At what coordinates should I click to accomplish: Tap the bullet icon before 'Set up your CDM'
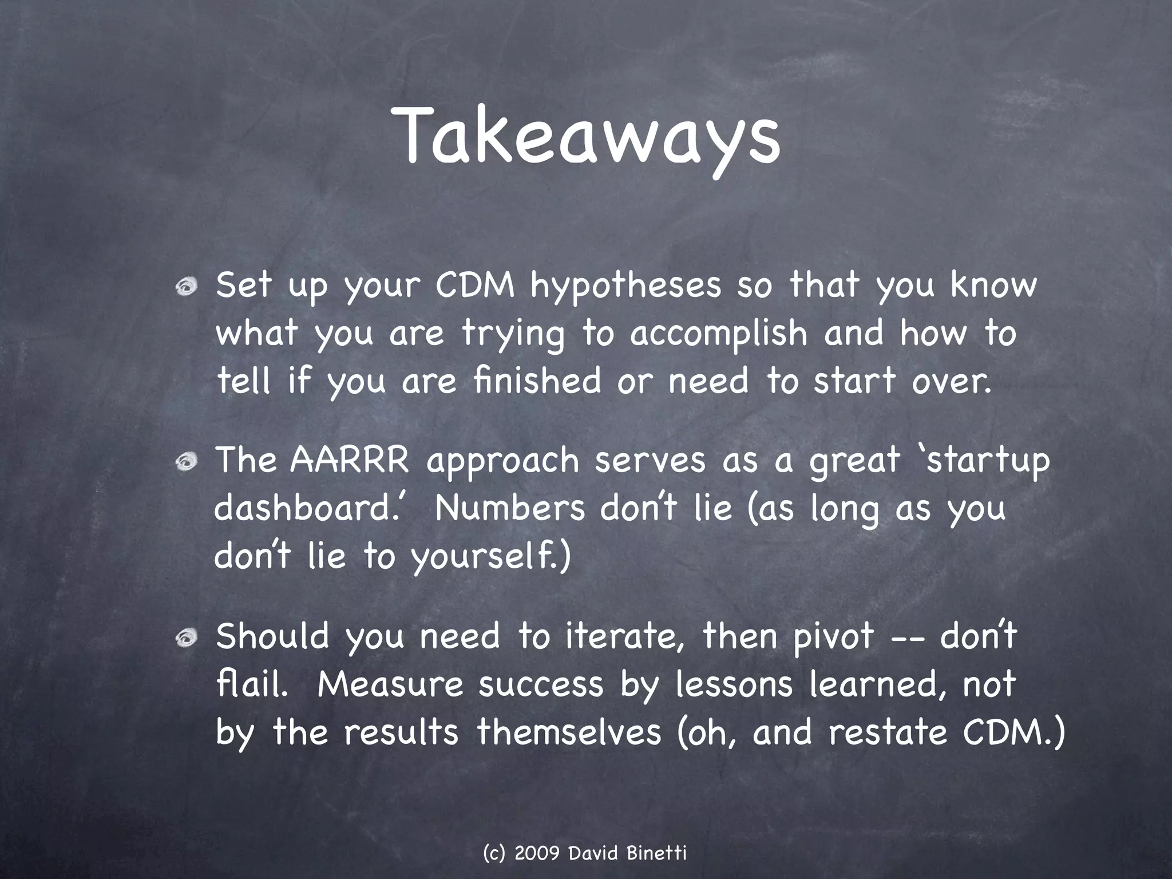[x=187, y=288]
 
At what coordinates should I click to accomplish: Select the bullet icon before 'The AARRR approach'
[x=187, y=463]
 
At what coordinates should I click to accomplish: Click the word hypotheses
[x=625, y=286]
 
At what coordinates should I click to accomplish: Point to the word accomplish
[x=718, y=334]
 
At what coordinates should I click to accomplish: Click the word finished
[x=537, y=381]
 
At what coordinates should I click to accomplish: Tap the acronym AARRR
[x=350, y=460]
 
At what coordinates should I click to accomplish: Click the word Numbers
[x=510, y=508]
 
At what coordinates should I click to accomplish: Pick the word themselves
[x=569, y=732]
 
